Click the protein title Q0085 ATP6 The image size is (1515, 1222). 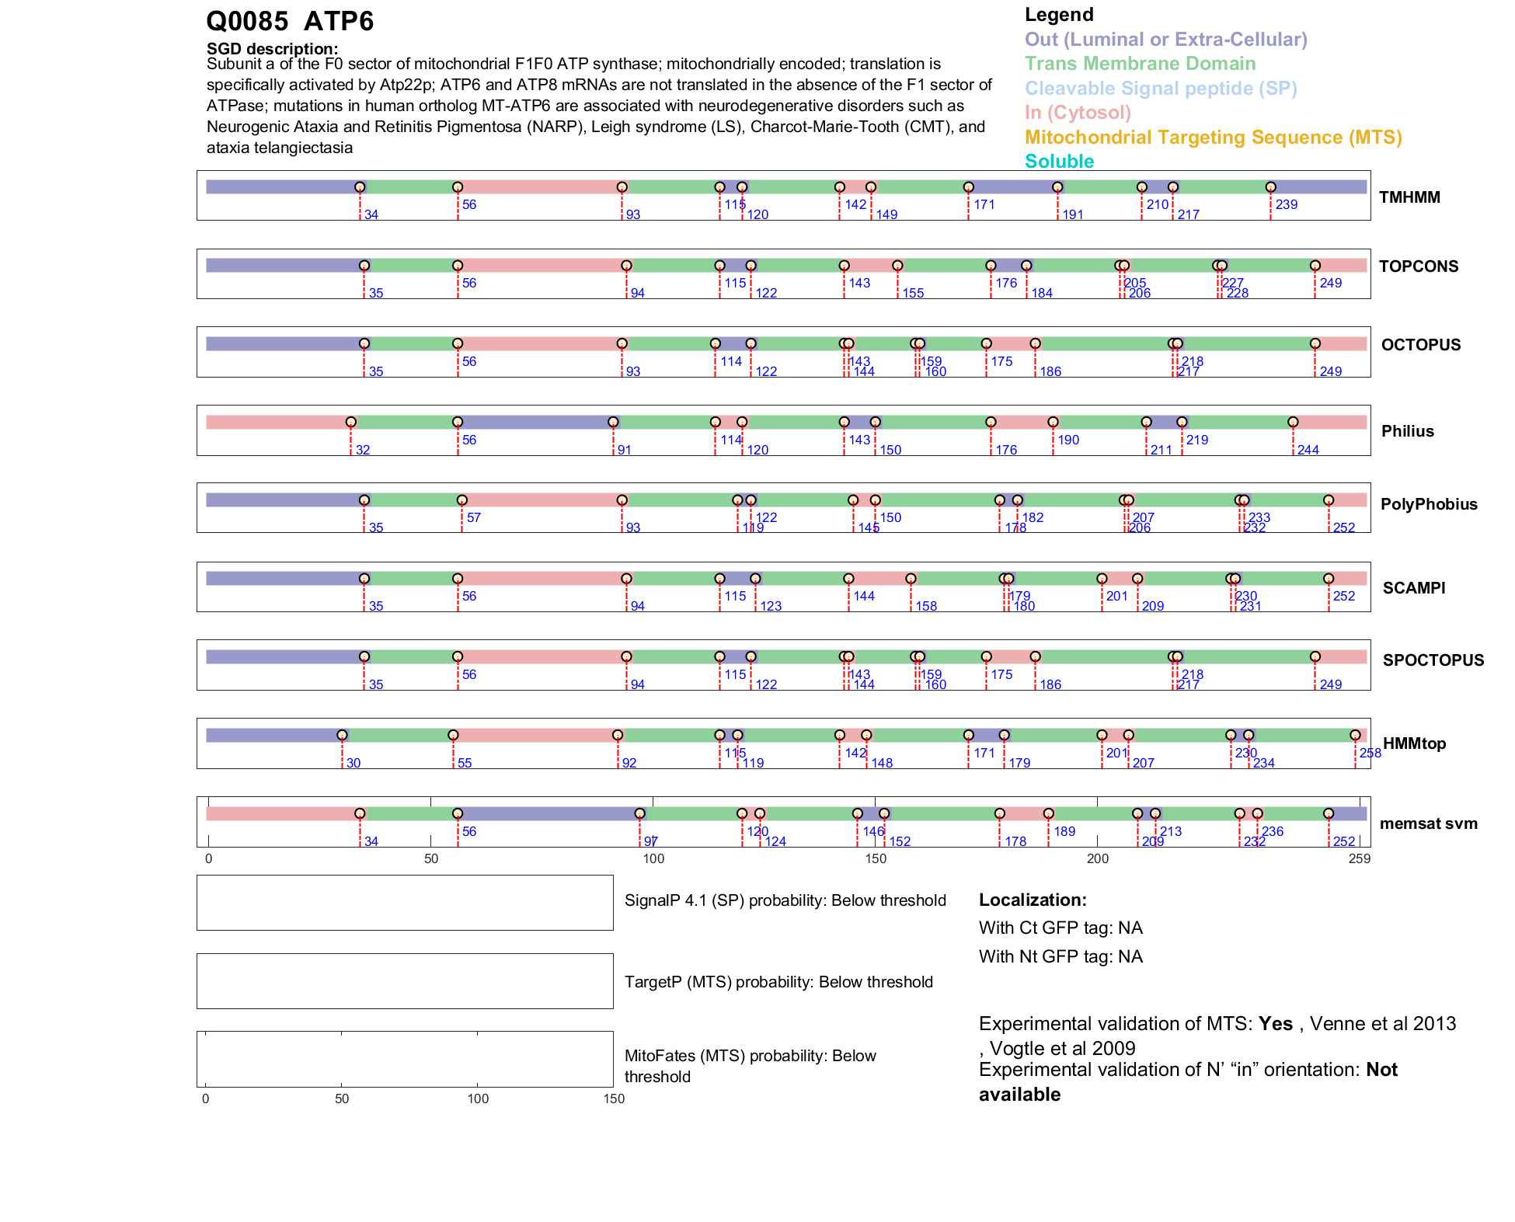pyautogui.click(x=290, y=22)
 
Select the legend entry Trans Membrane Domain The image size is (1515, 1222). pyautogui.click(x=1140, y=64)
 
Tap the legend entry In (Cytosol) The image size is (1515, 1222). pyautogui.click(x=1078, y=113)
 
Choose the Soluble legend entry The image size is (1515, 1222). pyautogui.click(x=1059, y=162)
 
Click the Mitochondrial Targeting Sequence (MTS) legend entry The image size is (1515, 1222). pyautogui.click(x=1213, y=138)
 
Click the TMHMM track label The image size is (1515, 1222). pyautogui.click(x=1409, y=197)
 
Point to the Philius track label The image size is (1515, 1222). pyautogui.click(x=1407, y=431)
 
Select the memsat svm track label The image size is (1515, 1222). pyautogui.click(x=1428, y=823)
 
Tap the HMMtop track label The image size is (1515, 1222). pyautogui.click(x=1414, y=743)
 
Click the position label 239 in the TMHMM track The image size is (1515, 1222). pyautogui.click(x=1286, y=205)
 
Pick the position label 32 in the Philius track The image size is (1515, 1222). pyautogui.click(x=363, y=451)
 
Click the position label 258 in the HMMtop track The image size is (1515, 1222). pyautogui.click(x=1370, y=754)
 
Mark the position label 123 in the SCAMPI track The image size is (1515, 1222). pyautogui.click(x=771, y=607)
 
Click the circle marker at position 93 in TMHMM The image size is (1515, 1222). pyautogui.click(x=622, y=187)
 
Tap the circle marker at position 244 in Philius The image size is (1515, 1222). pyautogui.click(x=1293, y=423)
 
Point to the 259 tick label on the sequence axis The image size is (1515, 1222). pyautogui.click(x=1360, y=859)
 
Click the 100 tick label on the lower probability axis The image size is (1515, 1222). pyautogui.click(x=478, y=1099)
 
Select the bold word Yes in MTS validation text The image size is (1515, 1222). pyautogui.click(x=1275, y=1024)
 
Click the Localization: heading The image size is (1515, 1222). pyautogui.click(x=1033, y=900)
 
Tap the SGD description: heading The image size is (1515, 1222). pyautogui.click(x=272, y=49)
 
